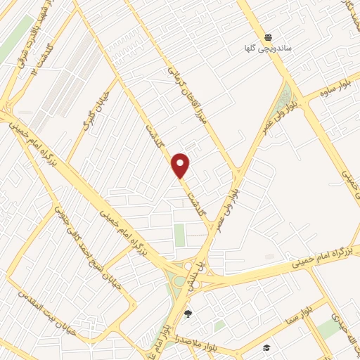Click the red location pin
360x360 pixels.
tap(181, 166)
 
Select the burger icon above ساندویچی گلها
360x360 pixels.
tap(268, 37)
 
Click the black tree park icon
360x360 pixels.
tap(187, 314)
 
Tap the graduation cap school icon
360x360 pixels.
tap(266, 347)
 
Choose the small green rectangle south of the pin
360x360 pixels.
tap(180, 235)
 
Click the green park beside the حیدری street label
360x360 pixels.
tap(327, 329)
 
